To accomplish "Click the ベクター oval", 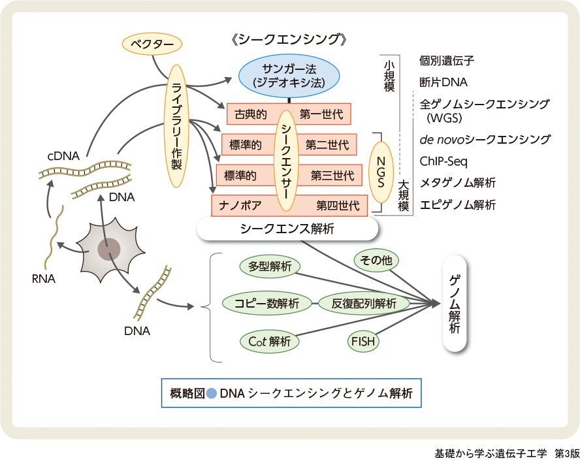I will (x=152, y=44).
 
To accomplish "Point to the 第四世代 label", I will (x=338, y=206).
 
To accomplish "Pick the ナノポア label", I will (x=241, y=206).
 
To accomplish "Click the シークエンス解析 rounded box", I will (x=287, y=229).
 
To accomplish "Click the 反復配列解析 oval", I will (x=364, y=303).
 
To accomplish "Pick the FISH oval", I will (x=363, y=341).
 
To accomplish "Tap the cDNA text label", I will (x=63, y=156).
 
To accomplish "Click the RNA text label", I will (x=43, y=280).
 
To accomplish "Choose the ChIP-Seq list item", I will (x=443, y=161).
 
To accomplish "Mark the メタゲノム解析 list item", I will (x=457, y=183).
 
